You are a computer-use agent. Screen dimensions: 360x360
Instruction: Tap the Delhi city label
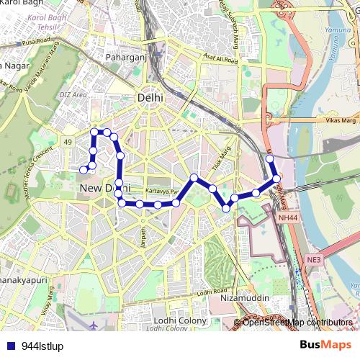click(150, 97)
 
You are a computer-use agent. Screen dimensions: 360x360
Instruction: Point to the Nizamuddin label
click(245, 297)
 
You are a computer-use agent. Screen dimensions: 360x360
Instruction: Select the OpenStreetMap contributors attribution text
click(297, 323)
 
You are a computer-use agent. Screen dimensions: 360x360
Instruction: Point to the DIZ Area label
click(74, 94)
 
